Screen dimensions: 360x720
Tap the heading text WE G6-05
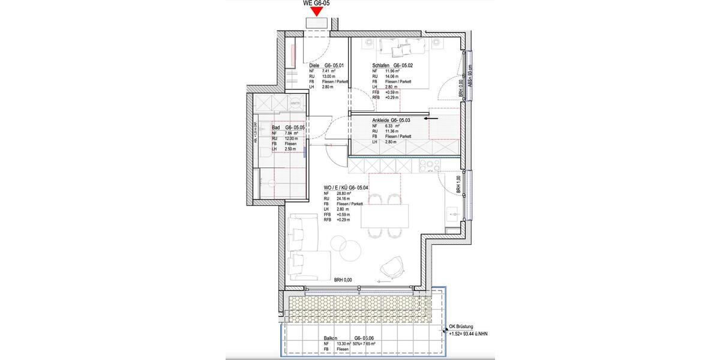[317, 3]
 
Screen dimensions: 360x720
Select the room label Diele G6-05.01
[326, 65]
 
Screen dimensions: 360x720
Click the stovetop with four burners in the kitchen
[428, 164]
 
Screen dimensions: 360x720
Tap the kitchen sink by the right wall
[453, 213]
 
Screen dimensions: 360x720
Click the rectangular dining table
[384, 215]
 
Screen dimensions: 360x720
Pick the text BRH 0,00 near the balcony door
[343, 280]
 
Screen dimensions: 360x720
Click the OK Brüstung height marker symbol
[445, 326]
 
